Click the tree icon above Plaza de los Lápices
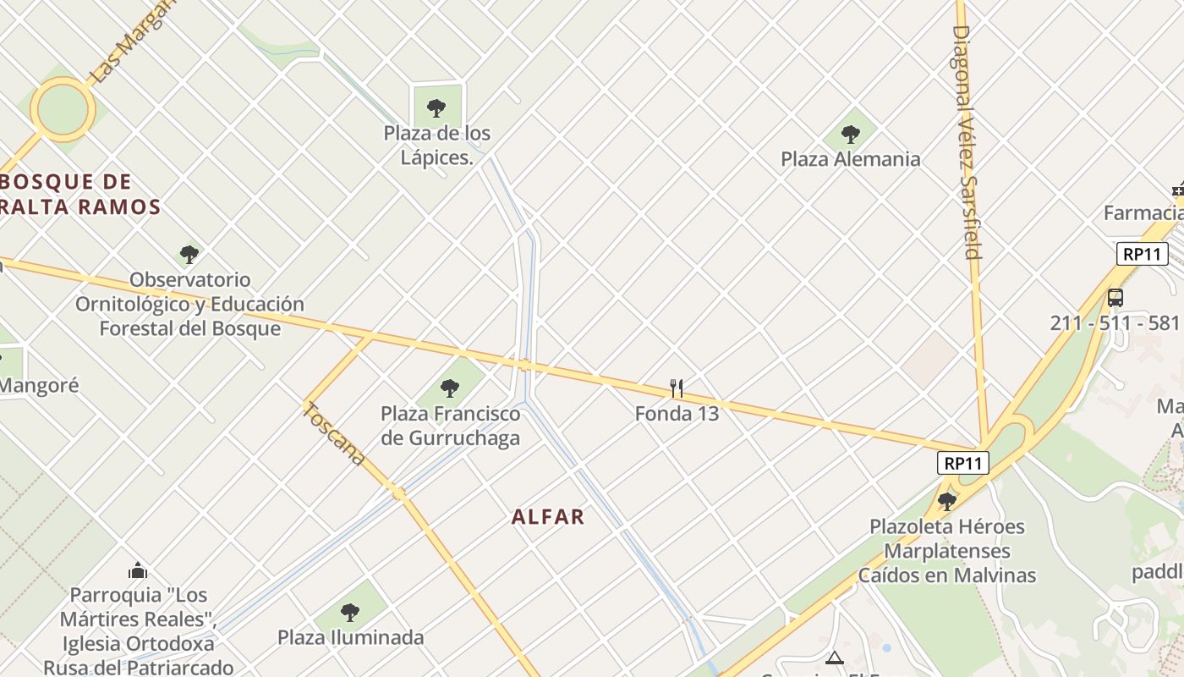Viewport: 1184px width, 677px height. click(x=436, y=107)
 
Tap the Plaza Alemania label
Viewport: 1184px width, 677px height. click(x=850, y=159)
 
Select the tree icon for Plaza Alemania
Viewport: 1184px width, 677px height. click(x=851, y=134)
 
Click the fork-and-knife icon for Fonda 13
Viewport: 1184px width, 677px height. click(x=677, y=388)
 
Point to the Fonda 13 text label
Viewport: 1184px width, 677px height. click(x=677, y=414)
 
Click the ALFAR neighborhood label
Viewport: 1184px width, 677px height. click(x=548, y=517)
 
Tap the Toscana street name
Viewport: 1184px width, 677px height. click(x=335, y=433)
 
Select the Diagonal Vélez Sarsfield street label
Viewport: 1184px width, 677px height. click(x=966, y=141)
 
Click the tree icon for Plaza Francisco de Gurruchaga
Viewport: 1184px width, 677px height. click(x=450, y=388)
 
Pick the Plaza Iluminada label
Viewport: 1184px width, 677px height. click(x=350, y=637)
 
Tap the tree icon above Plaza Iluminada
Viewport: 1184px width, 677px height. click(x=350, y=612)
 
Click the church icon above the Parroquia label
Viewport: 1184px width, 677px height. click(x=138, y=570)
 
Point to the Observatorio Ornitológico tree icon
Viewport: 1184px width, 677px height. click(x=189, y=254)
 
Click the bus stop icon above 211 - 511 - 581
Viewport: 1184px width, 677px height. click(x=1115, y=298)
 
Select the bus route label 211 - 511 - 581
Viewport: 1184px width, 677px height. click(x=1115, y=323)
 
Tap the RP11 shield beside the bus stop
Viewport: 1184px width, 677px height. click(x=1142, y=253)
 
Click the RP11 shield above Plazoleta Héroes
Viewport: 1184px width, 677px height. click(x=963, y=463)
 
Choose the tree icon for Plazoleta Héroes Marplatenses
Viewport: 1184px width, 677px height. click(x=947, y=501)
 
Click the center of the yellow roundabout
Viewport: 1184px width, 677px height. click(x=63, y=109)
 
